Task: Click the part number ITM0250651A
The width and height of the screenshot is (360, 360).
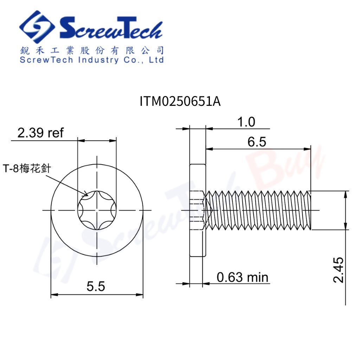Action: [180, 101]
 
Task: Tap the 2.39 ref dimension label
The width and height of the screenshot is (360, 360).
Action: [40, 133]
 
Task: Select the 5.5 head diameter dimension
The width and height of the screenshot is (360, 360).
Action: [96, 286]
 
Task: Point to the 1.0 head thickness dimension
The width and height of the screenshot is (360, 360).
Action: [246, 122]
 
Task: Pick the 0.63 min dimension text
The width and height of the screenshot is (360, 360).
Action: [242, 277]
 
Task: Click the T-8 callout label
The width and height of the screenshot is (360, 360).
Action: [27, 168]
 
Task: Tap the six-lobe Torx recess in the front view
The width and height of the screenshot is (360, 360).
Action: [97, 210]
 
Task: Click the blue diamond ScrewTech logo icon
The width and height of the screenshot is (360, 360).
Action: [37, 27]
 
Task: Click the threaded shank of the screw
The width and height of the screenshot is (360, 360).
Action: [258, 210]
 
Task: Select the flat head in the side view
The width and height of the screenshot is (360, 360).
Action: [197, 210]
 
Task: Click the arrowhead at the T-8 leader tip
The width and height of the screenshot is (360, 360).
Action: [86, 194]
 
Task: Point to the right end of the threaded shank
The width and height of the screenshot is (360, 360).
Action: [310, 210]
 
